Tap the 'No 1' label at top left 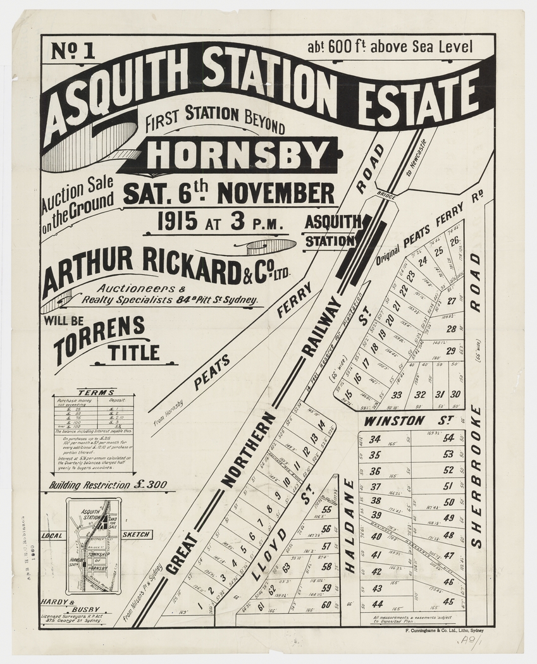click(x=73, y=51)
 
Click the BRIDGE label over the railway click(x=385, y=197)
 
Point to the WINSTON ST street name click(x=393, y=420)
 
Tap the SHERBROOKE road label click(x=476, y=476)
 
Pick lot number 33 click(x=397, y=395)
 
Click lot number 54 click(x=448, y=438)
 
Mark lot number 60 click(x=326, y=605)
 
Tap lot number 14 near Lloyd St click(x=321, y=424)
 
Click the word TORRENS click(x=99, y=328)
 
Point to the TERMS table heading click(x=96, y=392)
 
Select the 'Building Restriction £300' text click(x=108, y=485)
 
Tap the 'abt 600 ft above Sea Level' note click(x=390, y=46)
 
